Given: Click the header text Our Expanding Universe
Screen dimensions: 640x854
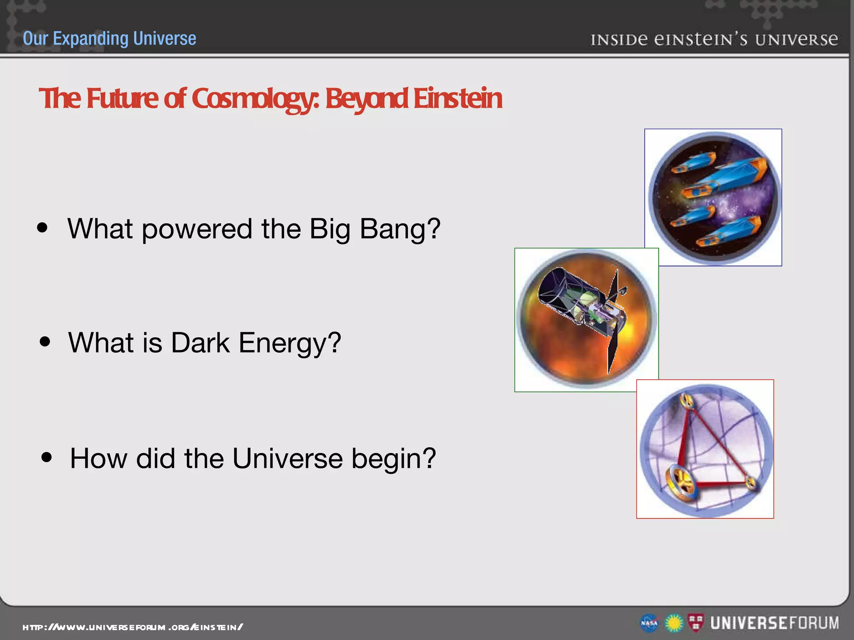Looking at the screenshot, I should click(109, 38).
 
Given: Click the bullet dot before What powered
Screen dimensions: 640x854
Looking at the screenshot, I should click(42, 227).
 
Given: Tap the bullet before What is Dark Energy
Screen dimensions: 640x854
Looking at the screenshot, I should click(45, 342).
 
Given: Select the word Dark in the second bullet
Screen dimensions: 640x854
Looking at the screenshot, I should click(200, 342).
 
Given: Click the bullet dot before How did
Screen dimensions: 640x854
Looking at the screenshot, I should click(47, 457).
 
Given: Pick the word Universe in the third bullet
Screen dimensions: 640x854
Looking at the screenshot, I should click(287, 458).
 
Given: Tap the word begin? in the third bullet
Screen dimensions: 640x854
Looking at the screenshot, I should click(393, 458).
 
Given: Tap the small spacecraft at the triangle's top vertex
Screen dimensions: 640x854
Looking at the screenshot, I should click(686, 401).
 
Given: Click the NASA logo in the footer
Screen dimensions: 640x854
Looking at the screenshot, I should click(649, 623).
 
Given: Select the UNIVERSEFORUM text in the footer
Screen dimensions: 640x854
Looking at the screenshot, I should click(775, 623).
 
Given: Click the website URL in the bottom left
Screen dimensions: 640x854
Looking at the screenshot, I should click(133, 627).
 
